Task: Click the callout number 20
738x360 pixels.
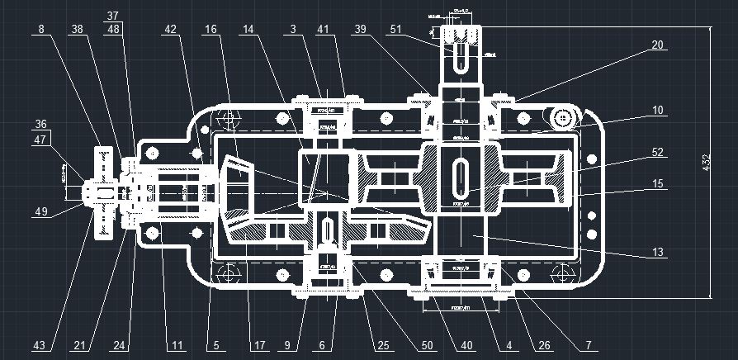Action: click(x=657, y=46)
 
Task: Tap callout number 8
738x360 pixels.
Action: click(x=40, y=28)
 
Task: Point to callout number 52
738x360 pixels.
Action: click(x=657, y=152)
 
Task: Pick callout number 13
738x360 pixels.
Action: click(x=657, y=253)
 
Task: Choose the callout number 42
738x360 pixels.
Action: click(x=170, y=28)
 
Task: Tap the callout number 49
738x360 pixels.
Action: click(x=40, y=211)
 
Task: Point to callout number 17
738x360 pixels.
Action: click(x=259, y=344)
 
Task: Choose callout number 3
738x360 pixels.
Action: click(x=292, y=28)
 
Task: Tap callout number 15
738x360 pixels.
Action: click(x=657, y=185)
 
